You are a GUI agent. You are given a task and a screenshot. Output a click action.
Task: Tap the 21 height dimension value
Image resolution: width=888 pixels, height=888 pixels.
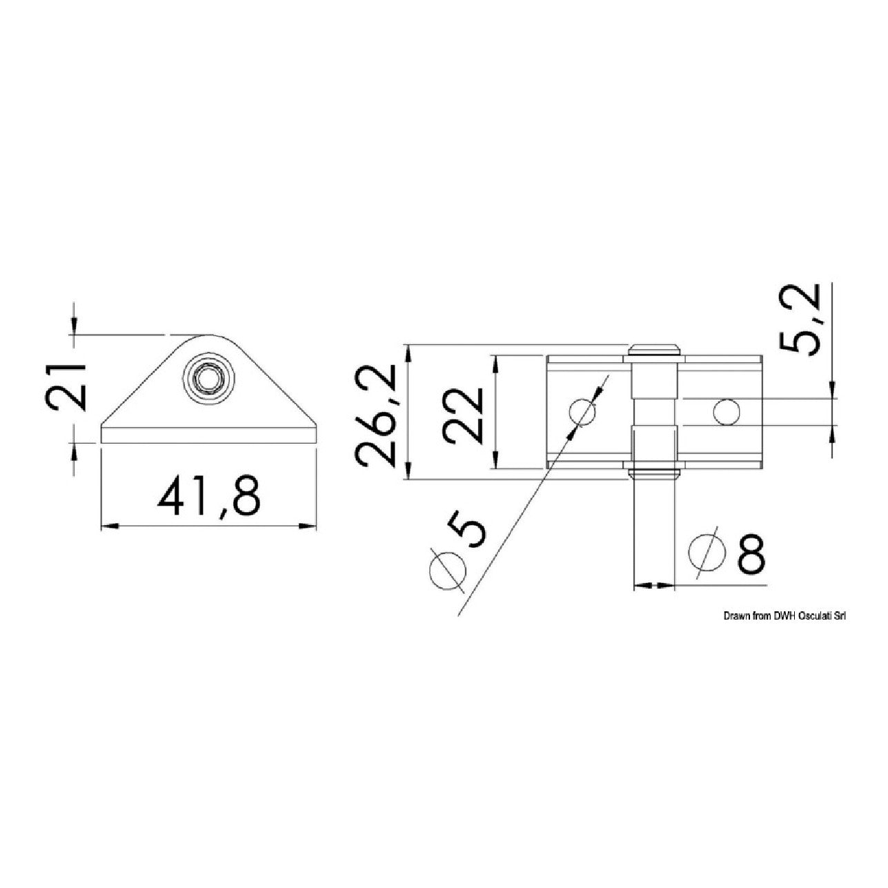click(x=66, y=386)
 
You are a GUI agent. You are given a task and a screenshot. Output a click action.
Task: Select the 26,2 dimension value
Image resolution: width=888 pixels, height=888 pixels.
click(x=376, y=415)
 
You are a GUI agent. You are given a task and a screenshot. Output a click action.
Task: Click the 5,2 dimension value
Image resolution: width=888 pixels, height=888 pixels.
click(x=801, y=319)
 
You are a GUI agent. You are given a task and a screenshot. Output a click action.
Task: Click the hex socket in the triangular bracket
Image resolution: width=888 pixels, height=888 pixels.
click(x=208, y=379)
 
